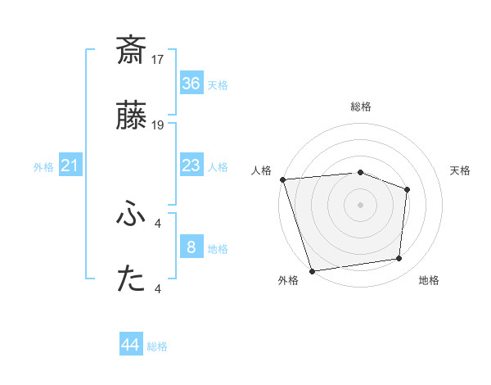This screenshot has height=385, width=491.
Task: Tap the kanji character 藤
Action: [x=131, y=118]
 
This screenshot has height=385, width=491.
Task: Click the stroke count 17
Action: [x=158, y=60]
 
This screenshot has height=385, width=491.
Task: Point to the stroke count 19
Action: [x=158, y=125]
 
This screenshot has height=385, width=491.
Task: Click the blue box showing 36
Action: [x=191, y=84]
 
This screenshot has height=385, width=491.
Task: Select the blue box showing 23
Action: [x=191, y=166]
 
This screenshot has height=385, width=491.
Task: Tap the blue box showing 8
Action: [x=191, y=247]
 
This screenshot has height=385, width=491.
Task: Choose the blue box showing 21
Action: [x=70, y=166]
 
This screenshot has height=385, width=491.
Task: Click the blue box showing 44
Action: [x=131, y=345]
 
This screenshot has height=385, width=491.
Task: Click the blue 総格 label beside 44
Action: [x=157, y=346]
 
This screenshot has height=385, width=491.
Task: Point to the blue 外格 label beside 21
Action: [x=43, y=167]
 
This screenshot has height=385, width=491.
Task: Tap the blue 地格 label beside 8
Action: [x=218, y=249]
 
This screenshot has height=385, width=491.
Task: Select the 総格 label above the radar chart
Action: [x=361, y=106]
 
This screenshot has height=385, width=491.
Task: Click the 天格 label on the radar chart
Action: [x=461, y=170]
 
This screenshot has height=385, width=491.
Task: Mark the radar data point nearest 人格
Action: [x=282, y=179]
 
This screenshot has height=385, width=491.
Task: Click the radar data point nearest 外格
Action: [x=312, y=270]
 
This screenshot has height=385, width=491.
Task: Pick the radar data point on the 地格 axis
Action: [x=399, y=259]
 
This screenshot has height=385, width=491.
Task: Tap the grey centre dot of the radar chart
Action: [x=361, y=205]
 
